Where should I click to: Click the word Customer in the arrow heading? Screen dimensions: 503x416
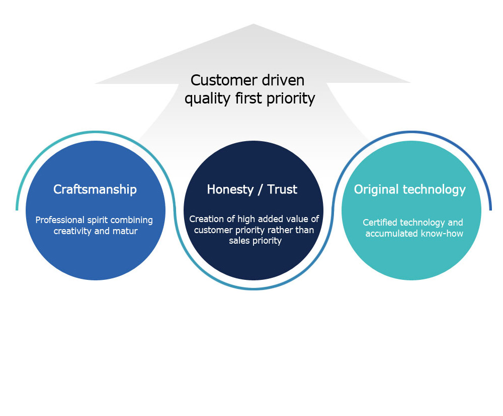pos(224,80)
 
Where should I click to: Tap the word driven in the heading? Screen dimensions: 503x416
pos(283,80)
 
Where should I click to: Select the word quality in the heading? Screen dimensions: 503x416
pos(207,98)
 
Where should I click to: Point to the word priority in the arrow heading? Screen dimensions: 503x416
pos(291,98)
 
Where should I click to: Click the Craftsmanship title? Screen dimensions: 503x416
pos(95,189)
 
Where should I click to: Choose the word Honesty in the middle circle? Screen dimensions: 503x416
pos(230,189)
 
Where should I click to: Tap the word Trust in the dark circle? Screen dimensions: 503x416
pos(282,189)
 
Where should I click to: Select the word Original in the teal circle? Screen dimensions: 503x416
pos(376,190)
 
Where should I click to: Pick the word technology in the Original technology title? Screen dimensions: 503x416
pos(434,190)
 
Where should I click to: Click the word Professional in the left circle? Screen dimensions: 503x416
pos(60,220)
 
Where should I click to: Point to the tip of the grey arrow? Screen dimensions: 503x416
pos(254,24)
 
